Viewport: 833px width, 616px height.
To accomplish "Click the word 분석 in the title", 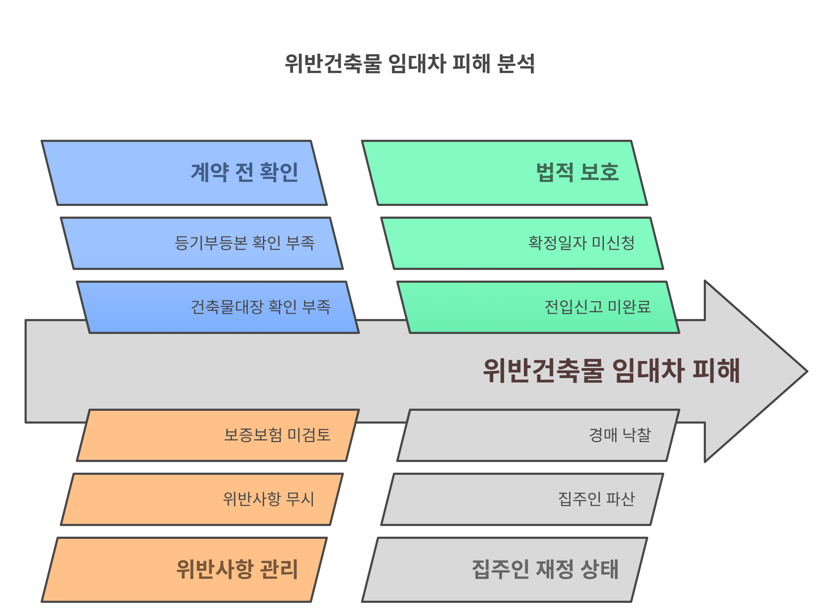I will click(x=516, y=64).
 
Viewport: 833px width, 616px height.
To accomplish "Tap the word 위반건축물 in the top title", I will click(x=333, y=64).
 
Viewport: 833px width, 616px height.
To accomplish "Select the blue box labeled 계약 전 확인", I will click(x=184, y=173).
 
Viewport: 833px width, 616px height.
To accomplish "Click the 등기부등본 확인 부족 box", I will click(x=202, y=244).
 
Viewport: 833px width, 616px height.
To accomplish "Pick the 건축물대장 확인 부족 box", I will click(x=218, y=308).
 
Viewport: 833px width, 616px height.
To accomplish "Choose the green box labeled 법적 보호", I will click(x=504, y=173).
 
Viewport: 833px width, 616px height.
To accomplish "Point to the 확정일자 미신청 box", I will click(x=522, y=244).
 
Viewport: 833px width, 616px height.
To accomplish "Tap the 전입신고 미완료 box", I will click(x=538, y=308).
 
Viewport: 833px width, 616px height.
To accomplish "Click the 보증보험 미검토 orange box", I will click(x=218, y=436).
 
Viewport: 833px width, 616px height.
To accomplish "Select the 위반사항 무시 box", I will click(x=202, y=500).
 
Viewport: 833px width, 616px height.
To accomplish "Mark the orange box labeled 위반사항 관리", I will click(x=184, y=570).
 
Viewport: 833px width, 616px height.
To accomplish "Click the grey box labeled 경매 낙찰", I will click(x=538, y=436).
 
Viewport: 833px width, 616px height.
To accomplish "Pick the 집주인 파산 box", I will click(x=522, y=500).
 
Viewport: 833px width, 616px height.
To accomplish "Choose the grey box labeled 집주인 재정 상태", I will click(x=504, y=570).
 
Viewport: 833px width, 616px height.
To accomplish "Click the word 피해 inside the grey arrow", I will click(x=717, y=371).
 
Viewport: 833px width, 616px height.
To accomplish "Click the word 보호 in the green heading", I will click(x=600, y=172).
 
